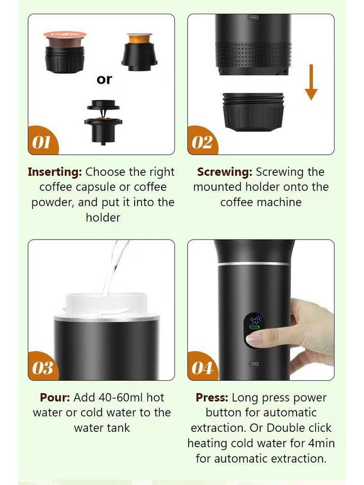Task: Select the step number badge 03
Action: click(42, 368)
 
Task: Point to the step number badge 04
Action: click(202, 368)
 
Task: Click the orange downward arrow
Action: click(311, 82)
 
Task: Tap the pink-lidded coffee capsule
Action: click(65, 36)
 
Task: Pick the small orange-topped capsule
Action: click(139, 37)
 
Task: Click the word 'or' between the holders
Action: click(104, 80)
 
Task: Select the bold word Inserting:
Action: click(55, 172)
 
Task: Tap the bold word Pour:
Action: click(55, 397)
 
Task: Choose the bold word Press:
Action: click(212, 397)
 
